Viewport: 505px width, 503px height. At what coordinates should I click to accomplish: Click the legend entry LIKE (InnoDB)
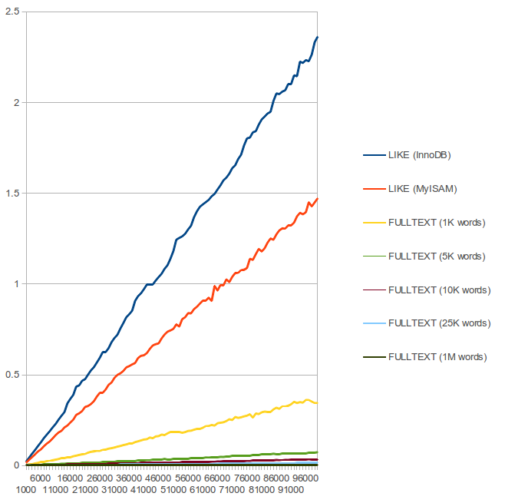tap(420, 155)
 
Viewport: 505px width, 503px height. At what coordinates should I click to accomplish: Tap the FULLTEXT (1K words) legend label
tap(437, 223)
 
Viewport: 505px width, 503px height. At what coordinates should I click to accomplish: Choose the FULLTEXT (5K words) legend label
tap(437, 256)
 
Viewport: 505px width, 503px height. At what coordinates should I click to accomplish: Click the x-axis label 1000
tap(26, 489)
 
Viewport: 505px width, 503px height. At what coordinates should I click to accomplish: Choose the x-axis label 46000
tap(159, 478)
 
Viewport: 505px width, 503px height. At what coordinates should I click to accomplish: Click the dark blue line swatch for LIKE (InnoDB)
tap(373, 155)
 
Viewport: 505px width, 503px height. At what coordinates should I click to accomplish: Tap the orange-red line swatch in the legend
tap(373, 189)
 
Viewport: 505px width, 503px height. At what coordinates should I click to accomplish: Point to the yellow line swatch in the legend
tap(373, 223)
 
